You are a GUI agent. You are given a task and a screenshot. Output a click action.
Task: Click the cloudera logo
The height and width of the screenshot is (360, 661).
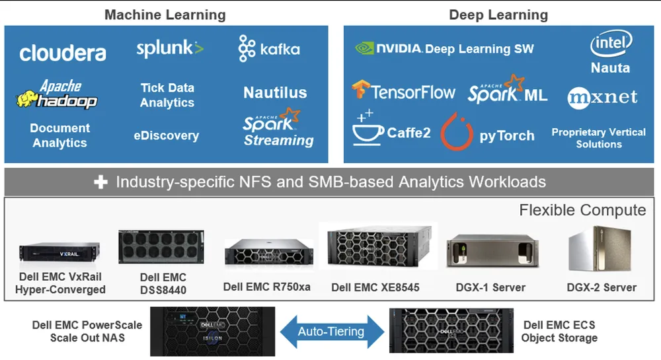[62, 53]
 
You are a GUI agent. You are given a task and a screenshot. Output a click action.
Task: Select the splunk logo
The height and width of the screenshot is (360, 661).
[170, 48]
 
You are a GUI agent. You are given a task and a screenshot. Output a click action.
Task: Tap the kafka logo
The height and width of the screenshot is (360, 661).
[269, 49]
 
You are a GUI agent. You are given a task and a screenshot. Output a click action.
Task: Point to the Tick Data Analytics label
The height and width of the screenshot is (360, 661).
[167, 95]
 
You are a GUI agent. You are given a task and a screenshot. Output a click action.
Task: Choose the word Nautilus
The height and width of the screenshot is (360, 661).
[275, 92]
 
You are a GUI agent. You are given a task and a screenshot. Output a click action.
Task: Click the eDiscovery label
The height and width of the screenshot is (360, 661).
[166, 135]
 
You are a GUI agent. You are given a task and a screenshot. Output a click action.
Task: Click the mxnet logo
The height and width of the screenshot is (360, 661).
[602, 97]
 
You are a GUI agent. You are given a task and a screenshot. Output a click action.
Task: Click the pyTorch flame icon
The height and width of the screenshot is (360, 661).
[457, 131]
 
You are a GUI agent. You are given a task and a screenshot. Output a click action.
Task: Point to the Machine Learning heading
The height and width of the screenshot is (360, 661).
[165, 15]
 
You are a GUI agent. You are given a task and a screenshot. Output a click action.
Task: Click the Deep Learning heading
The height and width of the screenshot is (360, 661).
[498, 15]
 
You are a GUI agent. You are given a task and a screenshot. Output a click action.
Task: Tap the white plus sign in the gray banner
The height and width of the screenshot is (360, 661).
[100, 182]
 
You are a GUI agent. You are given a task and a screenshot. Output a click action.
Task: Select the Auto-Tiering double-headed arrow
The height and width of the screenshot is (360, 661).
[330, 332]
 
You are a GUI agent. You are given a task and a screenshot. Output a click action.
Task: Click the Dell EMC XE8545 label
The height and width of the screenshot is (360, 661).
[375, 287]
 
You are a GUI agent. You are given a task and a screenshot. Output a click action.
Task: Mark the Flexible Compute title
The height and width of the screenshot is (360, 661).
[582, 210]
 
